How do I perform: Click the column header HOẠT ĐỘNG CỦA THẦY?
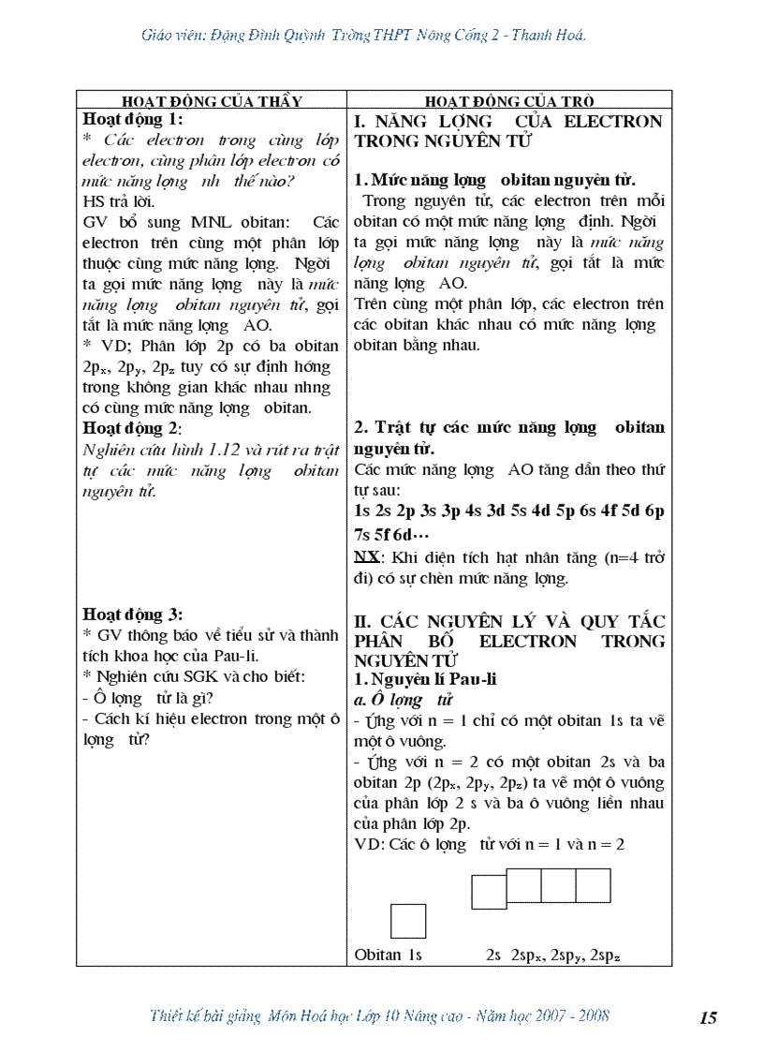[212, 101]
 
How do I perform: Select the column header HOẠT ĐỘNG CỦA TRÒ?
[509, 101]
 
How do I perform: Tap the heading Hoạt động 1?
[133, 119]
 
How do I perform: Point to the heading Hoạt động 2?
[132, 428]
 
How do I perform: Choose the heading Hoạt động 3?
[133, 615]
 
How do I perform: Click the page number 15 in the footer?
[708, 1018]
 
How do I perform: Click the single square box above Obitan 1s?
[408, 921]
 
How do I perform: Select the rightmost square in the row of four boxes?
[593, 886]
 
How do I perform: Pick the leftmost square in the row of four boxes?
[489, 892]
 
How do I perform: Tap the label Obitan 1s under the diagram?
[389, 956]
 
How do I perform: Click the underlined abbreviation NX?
[365, 558]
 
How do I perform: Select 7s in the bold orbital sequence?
[363, 534]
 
